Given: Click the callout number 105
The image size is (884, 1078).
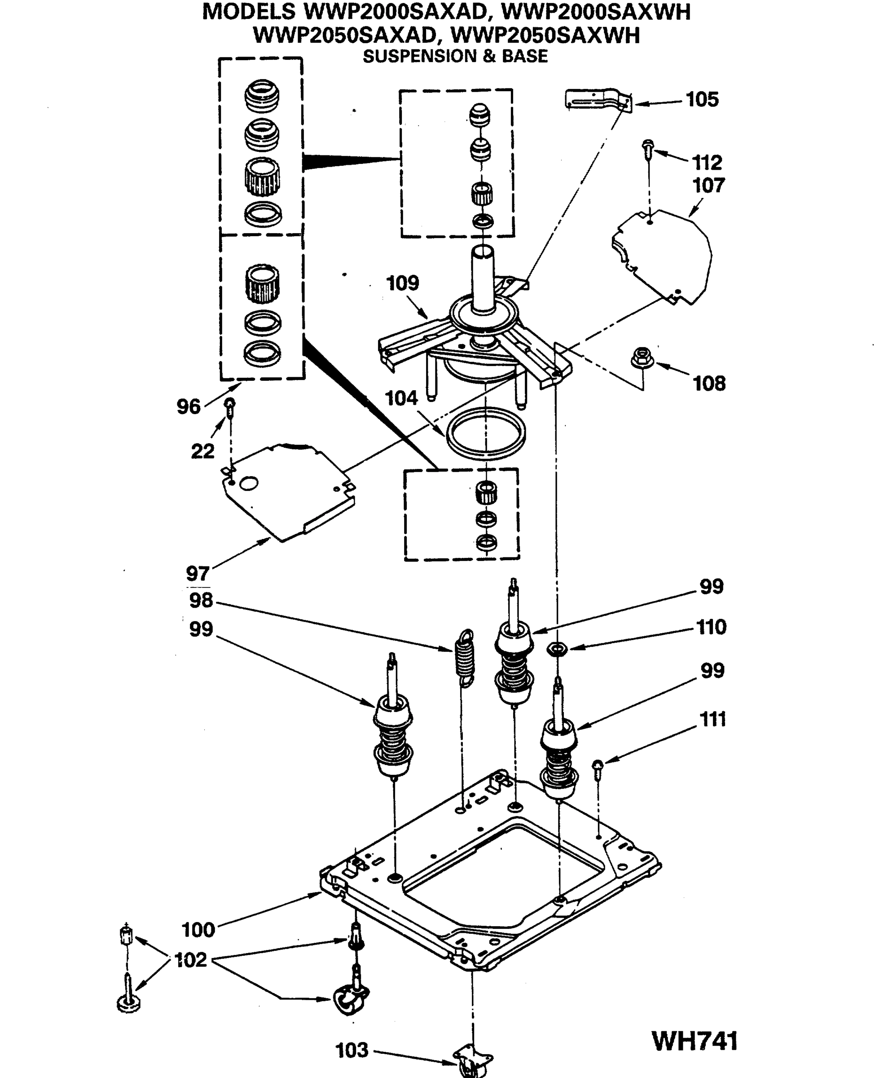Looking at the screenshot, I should tap(702, 99).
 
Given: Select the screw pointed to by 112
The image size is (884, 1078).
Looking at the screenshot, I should tap(648, 149).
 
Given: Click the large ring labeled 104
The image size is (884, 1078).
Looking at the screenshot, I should tap(485, 433).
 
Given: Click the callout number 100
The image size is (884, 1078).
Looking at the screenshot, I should tap(198, 930).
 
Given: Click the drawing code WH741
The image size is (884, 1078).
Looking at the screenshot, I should tap(695, 1041).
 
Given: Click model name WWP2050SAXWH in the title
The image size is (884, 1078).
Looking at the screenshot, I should tap(545, 35).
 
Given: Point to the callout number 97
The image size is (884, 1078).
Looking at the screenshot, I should tap(198, 574).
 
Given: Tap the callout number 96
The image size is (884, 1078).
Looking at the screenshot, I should tap(188, 406).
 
